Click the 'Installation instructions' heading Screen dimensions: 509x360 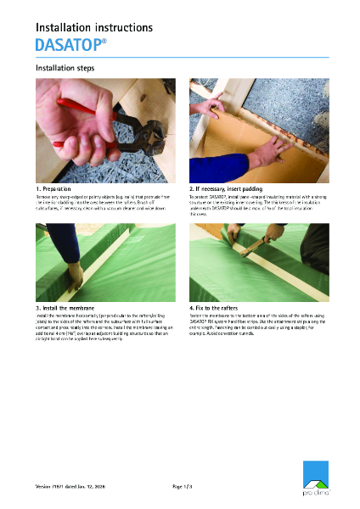tap(93, 27)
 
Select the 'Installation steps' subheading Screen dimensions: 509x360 tap(65, 68)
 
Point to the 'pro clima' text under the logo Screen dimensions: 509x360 tap(315, 491)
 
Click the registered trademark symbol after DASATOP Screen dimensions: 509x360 tap(104, 39)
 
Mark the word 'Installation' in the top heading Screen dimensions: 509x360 tap(63, 27)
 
